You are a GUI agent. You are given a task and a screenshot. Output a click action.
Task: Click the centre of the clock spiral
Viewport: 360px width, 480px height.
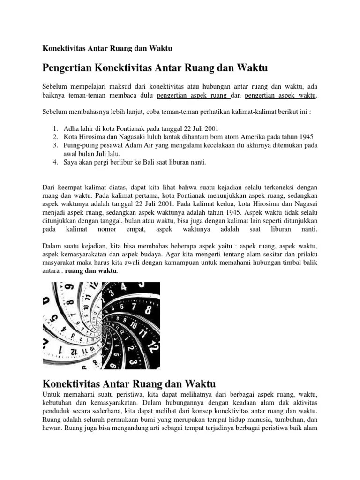tap(101, 325)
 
